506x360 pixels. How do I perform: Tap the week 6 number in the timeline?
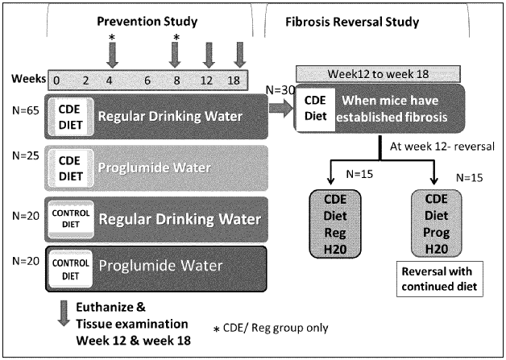click(x=147, y=81)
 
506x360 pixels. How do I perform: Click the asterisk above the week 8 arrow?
click(x=176, y=38)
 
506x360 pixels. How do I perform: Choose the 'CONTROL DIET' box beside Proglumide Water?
click(x=68, y=267)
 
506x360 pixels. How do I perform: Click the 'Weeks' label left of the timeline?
click(x=27, y=81)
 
